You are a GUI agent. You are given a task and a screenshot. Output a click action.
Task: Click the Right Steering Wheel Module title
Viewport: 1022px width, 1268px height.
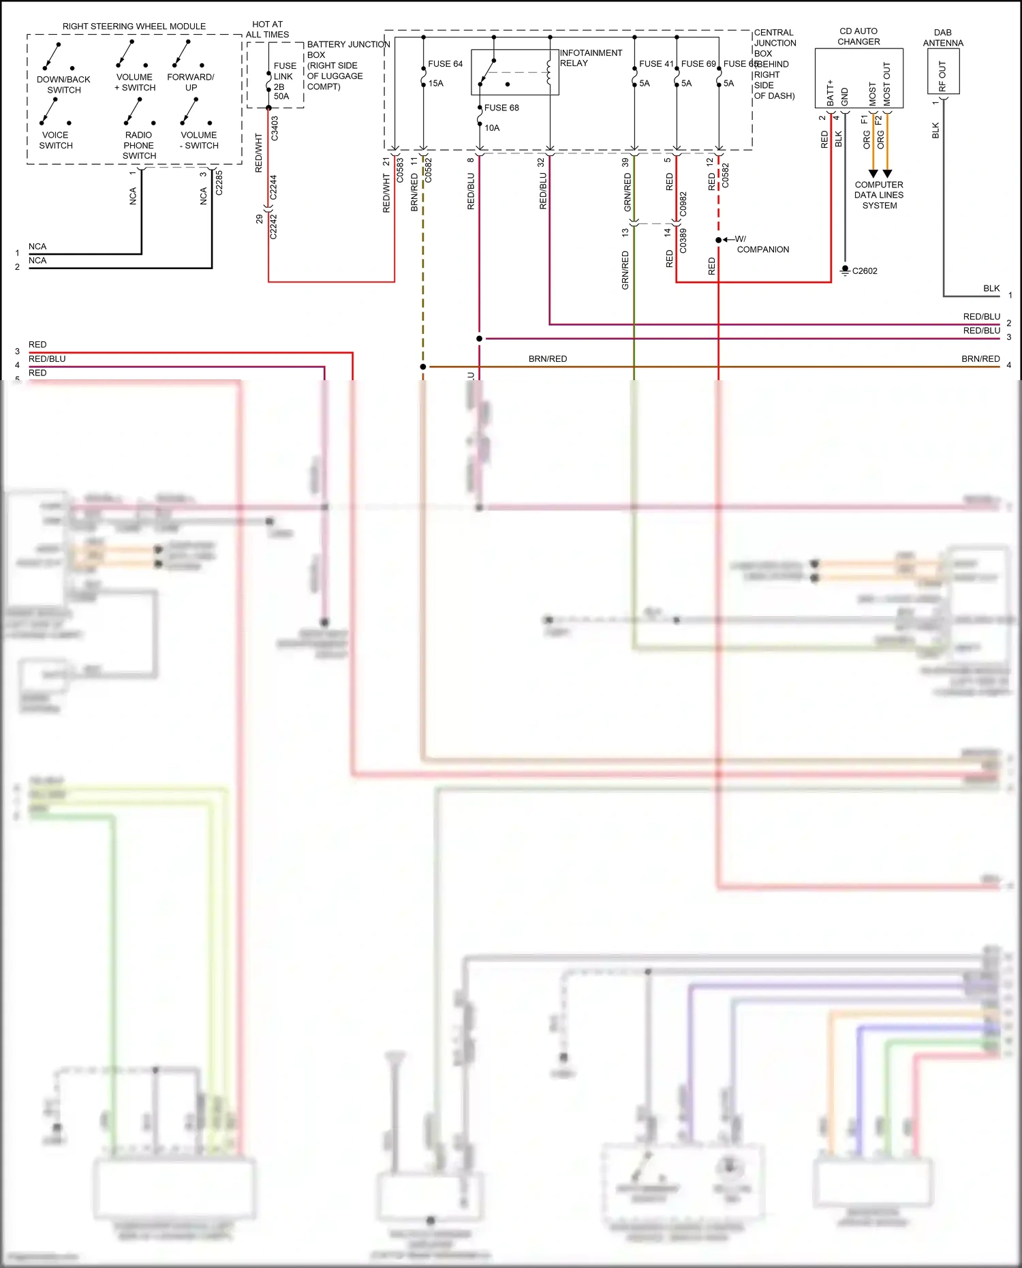(134, 27)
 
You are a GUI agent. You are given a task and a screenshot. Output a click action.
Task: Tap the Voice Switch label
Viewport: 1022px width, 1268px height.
(55, 140)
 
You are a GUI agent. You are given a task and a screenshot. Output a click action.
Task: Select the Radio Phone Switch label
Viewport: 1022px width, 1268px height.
(139, 145)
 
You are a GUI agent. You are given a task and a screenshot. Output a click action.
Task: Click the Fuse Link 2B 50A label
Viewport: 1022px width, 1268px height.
(284, 81)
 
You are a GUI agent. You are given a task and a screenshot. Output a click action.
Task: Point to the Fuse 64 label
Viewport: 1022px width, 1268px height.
(445, 64)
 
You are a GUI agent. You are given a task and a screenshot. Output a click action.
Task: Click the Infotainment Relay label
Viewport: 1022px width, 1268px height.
(590, 58)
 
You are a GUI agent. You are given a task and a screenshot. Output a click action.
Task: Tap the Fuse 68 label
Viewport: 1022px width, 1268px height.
(501, 108)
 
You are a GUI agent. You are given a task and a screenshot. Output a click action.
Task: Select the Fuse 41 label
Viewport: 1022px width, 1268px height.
(655, 64)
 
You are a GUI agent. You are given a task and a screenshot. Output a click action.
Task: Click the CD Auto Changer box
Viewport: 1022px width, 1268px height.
(858, 78)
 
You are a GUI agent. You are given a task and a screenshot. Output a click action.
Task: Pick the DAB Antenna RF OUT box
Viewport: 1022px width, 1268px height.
(943, 72)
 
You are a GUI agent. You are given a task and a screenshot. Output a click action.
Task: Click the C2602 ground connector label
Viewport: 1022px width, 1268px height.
(864, 271)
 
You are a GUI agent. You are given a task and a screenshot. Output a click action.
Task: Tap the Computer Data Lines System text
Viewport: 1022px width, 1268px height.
(879, 195)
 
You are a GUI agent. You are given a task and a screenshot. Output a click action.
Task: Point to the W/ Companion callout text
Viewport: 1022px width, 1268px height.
(762, 245)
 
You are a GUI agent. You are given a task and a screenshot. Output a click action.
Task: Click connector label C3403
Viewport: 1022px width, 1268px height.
(275, 128)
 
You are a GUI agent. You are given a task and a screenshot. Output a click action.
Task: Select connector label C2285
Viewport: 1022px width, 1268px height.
(219, 183)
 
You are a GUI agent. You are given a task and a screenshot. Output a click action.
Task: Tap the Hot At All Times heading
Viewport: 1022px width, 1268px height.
(267, 29)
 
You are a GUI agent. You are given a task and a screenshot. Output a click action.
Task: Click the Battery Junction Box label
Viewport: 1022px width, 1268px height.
(347, 65)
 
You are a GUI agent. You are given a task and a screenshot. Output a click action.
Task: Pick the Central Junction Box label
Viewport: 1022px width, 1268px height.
(774, 64)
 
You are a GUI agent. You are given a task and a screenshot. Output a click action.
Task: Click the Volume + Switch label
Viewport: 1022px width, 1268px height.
(135, 82)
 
